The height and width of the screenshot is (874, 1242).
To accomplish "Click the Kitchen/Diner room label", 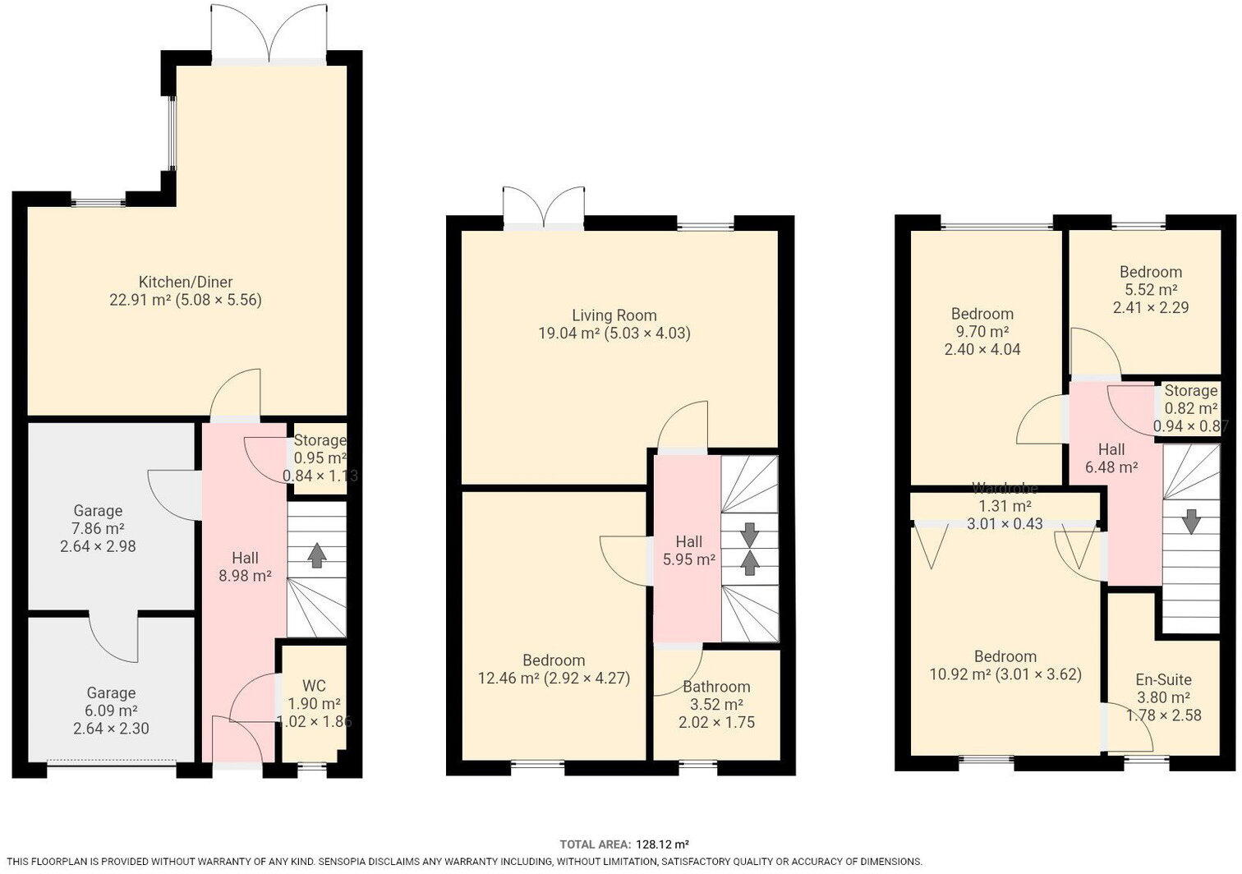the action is [x=186, y=281].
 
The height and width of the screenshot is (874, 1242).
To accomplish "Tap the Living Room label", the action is [x=614, y=315].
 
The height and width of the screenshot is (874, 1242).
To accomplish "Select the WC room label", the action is [x=315, y=685].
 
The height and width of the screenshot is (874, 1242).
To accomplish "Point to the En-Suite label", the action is [x=1163, y=679].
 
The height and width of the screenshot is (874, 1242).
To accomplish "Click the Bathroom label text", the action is [x=716, y=687].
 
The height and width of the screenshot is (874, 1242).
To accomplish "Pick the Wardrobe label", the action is [x=1005, y=489].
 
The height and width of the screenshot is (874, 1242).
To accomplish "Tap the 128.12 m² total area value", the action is [x=662, y=844].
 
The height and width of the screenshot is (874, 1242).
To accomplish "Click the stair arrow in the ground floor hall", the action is [x=316, y=555].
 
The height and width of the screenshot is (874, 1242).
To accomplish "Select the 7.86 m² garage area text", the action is [x=98, y=528].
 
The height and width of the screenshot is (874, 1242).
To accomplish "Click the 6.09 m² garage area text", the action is [x=111, y=711].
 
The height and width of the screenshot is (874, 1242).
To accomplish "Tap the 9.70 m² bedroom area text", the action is [x=982, y=332].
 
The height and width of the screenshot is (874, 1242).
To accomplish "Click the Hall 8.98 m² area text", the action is [x=245, y=576].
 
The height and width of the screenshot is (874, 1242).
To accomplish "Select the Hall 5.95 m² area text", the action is [x=689, y=559].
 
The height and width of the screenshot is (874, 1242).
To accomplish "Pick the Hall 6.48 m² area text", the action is [x=1111, y=467].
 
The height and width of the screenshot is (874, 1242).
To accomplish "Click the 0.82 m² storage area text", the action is [x=1191, y=408].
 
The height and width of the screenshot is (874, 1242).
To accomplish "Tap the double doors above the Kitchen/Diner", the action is [x=269, y=34].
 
